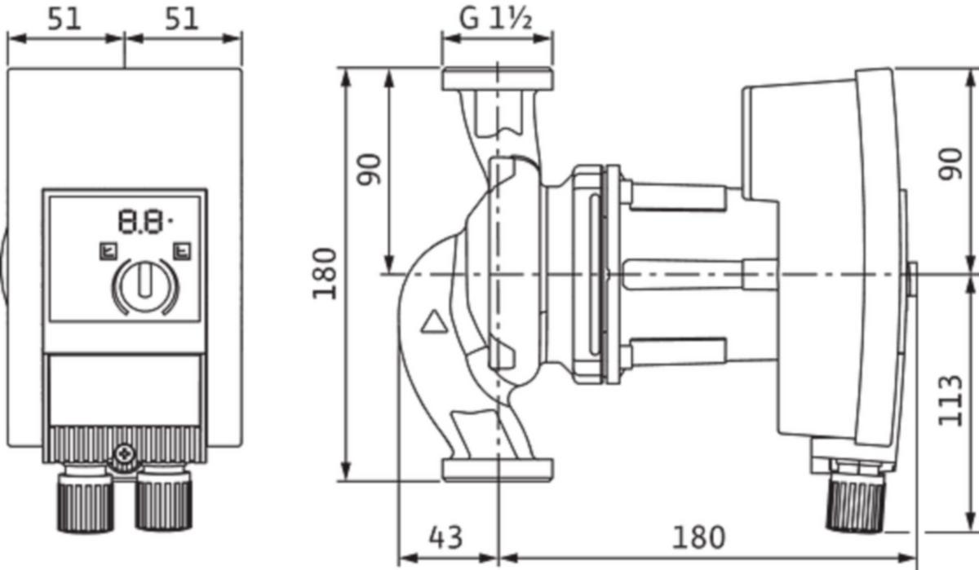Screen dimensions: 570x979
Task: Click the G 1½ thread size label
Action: click(496, 19)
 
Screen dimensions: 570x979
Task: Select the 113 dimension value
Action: click(950, 400)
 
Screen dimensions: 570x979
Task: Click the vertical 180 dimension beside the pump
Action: click(326, 273)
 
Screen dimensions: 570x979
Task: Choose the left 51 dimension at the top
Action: click(64, 19)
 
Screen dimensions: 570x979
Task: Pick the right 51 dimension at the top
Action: click(182, 19)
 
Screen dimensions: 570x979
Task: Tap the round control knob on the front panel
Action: click(144, 285)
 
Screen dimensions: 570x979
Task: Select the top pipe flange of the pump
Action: click(497, 79)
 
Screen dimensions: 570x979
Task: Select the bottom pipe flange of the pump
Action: click(497, 469)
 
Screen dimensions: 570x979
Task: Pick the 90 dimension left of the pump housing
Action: click(371, 170)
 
